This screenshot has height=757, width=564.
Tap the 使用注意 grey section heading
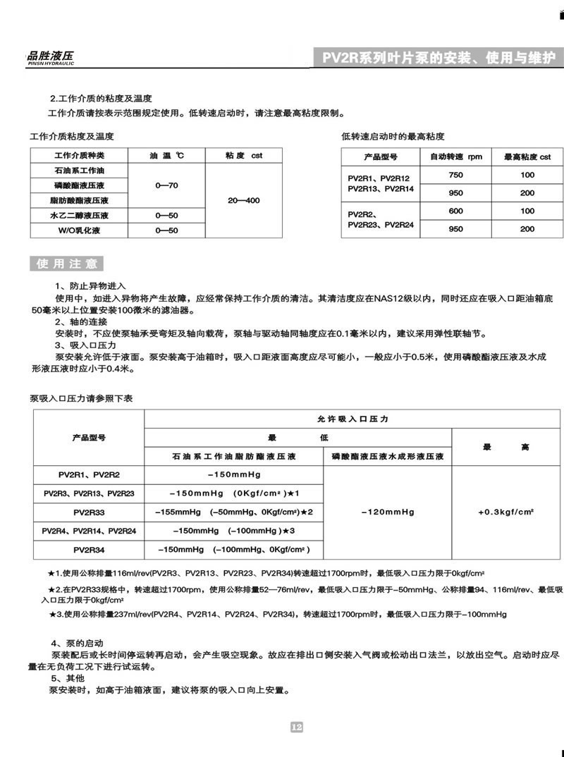[x=67, y=264]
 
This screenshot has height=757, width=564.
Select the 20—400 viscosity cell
[x=244, y=201]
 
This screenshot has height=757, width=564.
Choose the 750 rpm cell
[x=456, y=175]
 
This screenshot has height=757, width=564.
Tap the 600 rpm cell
[x=456, y=211]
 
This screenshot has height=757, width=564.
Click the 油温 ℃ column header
[x=166, y=155]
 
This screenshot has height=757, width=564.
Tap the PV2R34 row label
[x=89, y=548]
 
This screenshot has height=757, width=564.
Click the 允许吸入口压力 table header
[x=353, y=419]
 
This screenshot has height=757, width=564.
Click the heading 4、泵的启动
[x=78, y=644]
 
